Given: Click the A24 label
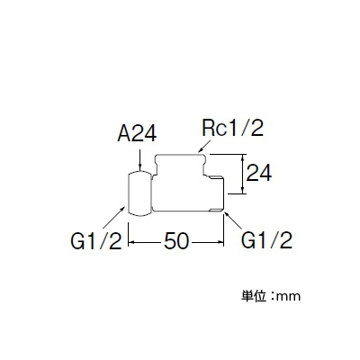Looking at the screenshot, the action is (137, 133).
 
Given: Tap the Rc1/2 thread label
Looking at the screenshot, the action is (233, 128).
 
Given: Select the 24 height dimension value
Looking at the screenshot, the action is (258, 173).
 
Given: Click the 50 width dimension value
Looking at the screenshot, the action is (176, 241).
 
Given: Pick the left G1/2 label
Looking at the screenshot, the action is (95, 241).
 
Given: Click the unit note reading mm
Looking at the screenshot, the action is (288, 297).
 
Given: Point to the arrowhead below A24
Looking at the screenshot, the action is (139, 168).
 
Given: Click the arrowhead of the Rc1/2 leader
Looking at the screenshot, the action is (201, 150).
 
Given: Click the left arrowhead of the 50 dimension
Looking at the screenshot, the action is (132, 242).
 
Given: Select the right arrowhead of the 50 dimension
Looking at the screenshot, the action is (220, 242).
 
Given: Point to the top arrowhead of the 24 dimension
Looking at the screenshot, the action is (243, 158).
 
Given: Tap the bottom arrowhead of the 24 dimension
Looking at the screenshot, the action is (243, 190).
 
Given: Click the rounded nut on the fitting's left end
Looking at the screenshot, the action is (139, 193).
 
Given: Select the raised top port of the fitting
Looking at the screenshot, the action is (180, 165).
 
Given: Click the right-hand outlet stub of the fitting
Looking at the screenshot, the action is (216, 194).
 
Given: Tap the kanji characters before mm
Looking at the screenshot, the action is (254, 296).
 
